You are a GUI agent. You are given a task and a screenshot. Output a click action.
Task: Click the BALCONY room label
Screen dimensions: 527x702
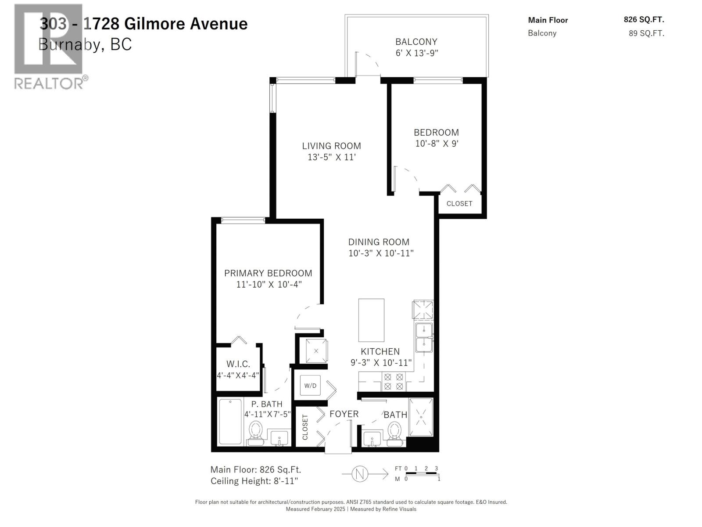pyautogui.click(x=416, y=42)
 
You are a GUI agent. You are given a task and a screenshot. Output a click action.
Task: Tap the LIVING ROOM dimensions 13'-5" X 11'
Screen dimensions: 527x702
pyautogui.click(x=331, y=157)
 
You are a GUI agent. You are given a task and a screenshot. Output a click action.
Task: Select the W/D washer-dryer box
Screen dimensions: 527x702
pyautogui.click(x=310, y=386)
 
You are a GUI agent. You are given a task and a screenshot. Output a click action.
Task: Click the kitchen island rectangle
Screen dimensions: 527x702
pyautogui.click(x=371, y=320)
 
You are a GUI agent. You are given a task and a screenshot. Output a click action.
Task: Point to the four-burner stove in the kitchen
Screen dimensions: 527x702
pyautogui.click(x=394, y=381)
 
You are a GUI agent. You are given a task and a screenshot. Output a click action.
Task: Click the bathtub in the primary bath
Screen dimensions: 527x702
pyautogui.click(x=230, y=422)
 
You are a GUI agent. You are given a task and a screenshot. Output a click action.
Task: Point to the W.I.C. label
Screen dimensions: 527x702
pyautogui.click(x=238, y=364)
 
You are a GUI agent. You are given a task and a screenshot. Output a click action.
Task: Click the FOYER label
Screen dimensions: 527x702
pyautogui.click(x=344, y=414)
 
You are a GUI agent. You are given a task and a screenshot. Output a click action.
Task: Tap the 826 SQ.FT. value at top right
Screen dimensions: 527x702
pyautogui.click(x=644, y=20)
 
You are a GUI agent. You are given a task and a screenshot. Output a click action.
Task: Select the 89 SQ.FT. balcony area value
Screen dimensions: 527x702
pyautogui.click(x=646, y=33)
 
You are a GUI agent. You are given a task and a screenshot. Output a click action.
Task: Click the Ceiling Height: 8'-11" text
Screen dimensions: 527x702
pyautogui.click(x=254, y=481)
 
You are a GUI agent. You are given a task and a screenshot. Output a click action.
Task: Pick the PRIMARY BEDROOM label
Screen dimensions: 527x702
pyautogui.click(x=268, y=273)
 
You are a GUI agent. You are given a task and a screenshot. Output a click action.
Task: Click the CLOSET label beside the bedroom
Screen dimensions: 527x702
pyautogui.click(x=459, y=204)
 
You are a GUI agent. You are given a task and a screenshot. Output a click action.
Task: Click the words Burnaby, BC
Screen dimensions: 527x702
pyautogui.click(x=85, y=44)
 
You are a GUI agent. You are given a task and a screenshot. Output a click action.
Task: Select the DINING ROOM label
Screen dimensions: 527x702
pyautogui.click(x=379, y=242)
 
